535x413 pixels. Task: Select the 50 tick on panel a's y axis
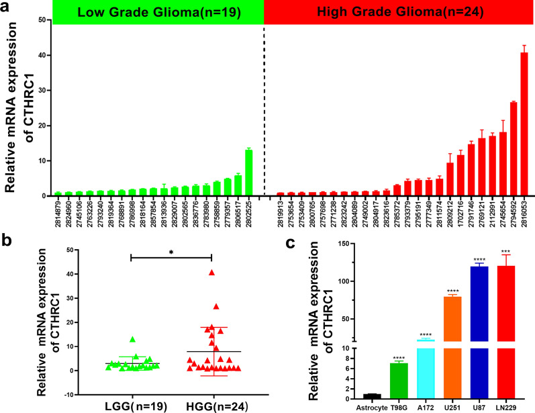tap(42, 21)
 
